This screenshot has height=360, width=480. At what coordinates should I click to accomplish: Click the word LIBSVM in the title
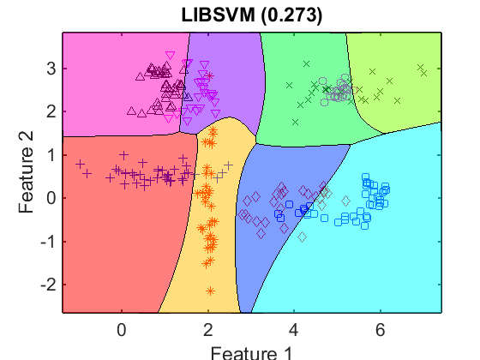click(218, 15)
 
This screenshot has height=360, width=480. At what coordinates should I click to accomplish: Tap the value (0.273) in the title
click(291, 15)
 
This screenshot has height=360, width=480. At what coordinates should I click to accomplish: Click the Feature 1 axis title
click(251, 353)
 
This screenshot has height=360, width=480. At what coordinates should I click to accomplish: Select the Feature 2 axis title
click(26, 172)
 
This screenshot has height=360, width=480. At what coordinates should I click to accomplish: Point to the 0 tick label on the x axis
click(122, 330)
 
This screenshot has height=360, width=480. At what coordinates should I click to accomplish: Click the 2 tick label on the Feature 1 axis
click(207, 330)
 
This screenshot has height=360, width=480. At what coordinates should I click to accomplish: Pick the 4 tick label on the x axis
click(294, 330)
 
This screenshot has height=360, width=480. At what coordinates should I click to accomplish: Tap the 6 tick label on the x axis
click(381, 330)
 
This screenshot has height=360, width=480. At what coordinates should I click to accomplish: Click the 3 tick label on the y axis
click(51, 69)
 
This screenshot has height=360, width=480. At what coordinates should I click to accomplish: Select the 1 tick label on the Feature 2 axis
click(52, 155)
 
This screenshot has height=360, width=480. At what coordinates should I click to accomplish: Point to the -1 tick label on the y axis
click(49, 242)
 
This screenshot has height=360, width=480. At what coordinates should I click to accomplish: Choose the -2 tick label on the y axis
click(48, 285)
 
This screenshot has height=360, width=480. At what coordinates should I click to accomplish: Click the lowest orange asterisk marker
click(210, 291)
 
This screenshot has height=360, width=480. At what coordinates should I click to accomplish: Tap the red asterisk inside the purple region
click(209, 75)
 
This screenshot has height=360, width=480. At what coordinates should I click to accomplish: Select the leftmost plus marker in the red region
click(81, 164)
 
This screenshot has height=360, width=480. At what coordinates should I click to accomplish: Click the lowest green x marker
click(295, 122)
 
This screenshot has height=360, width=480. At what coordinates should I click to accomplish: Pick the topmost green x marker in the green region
click(307, 63)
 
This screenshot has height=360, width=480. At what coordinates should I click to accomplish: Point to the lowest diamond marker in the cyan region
click(302, 237)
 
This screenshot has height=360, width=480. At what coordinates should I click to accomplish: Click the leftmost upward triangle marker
click(132, 111)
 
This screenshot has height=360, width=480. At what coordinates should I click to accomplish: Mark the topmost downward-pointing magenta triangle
click(170, 56)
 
